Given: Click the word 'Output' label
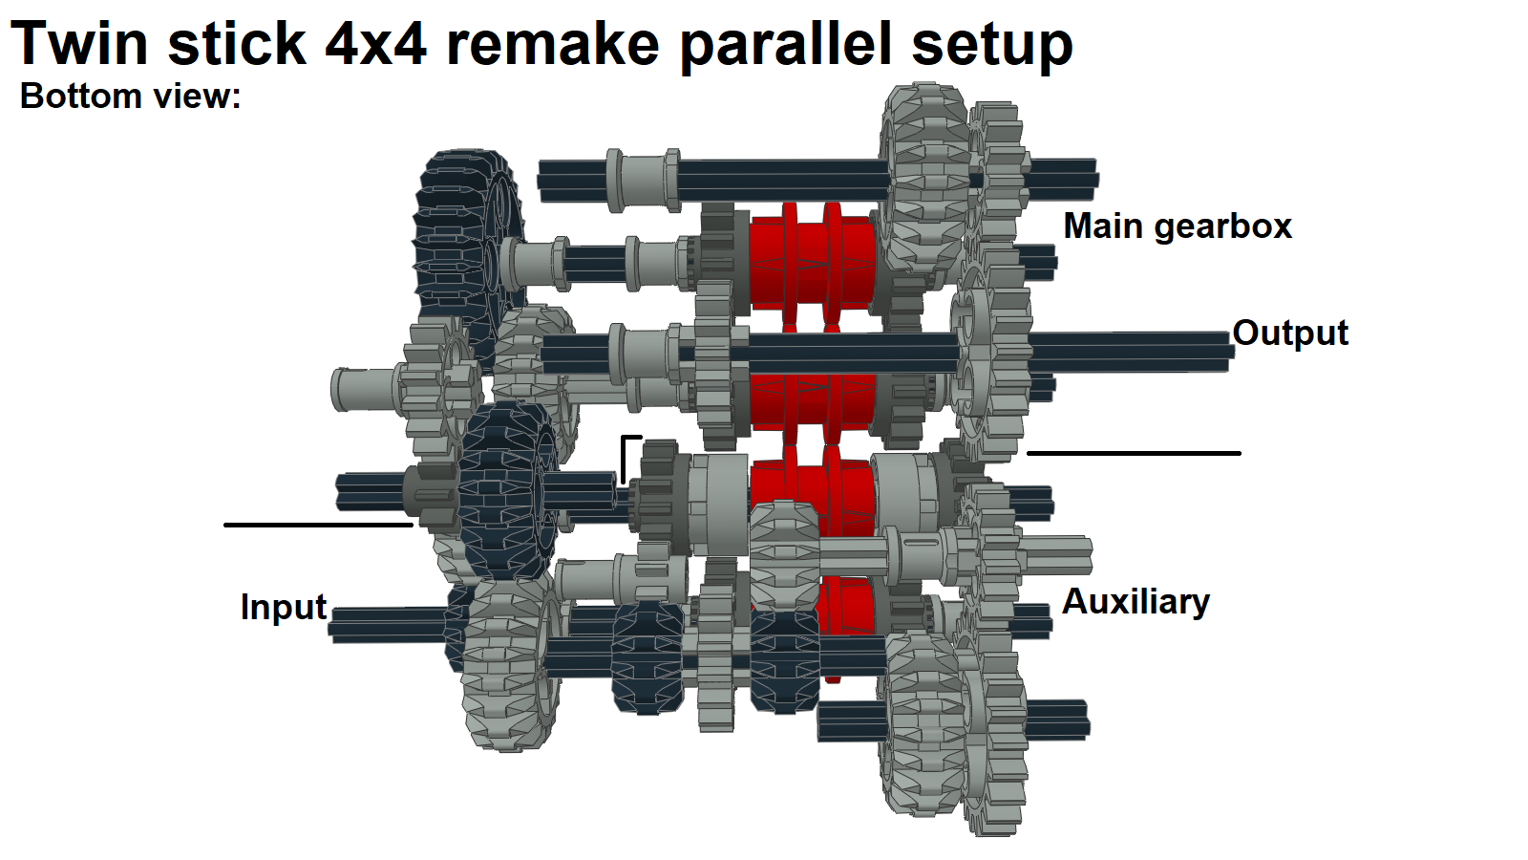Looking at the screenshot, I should tap(1289, 333).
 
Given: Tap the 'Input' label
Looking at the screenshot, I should tap(283, 607).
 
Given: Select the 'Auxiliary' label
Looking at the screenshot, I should tap(1135, 601).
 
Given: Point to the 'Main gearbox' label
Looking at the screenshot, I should tap(1177, 226).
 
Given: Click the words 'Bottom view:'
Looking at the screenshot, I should tap(130, 97).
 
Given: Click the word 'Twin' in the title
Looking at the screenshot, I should tap(80, 44).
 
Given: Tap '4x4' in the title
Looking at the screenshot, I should tap(375, 44).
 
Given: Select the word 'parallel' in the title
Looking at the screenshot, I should tap(787, 44).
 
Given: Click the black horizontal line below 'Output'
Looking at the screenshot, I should tap(1133, 453).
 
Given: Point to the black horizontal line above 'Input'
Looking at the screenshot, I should tap(318, 525).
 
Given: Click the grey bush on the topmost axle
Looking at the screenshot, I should tap(643, 180).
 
